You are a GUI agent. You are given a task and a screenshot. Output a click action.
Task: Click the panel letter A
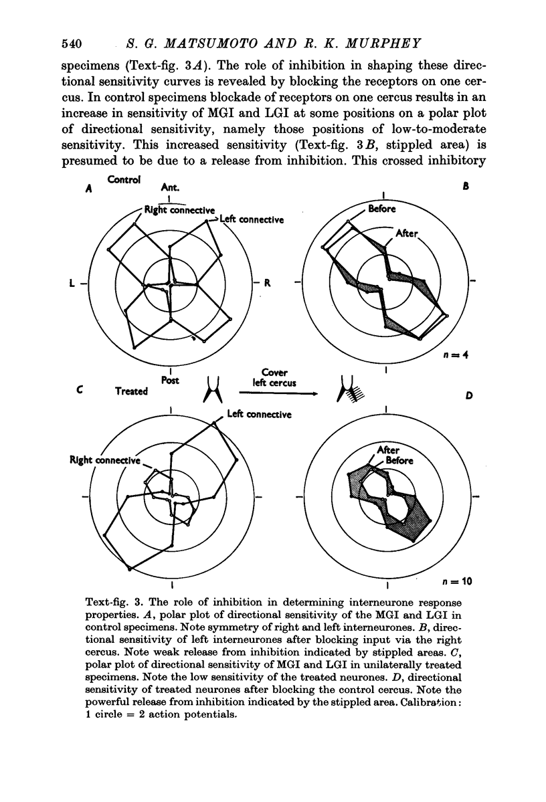coord(88,189)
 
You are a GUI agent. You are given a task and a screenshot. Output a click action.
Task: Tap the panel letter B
coord(466,189)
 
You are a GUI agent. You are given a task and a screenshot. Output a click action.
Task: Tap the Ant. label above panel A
coord(171,189)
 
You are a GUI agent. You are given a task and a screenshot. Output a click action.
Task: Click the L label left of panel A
coord(72,284)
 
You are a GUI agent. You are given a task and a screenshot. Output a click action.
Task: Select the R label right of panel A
coord(266,283)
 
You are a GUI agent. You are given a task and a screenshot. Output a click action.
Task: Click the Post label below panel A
coord(169,380)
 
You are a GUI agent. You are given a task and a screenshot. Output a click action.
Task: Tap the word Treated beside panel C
coord(131,391)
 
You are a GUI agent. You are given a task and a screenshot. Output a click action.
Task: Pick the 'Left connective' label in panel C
coord(259,415)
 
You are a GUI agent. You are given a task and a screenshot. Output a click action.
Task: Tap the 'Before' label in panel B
coord(381,209)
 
